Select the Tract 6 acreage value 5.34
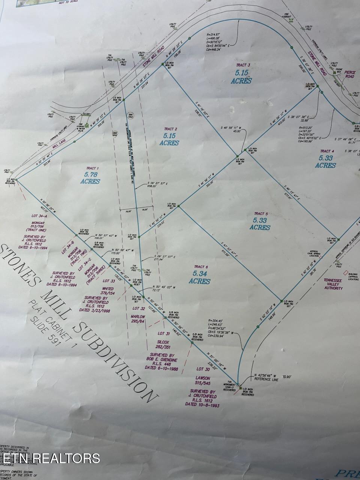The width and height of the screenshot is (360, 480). click(x=200, y=274)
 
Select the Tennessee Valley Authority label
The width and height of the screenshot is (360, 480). click(x=333, y=284)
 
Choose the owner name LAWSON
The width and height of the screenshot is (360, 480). click(x=202, y=378)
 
